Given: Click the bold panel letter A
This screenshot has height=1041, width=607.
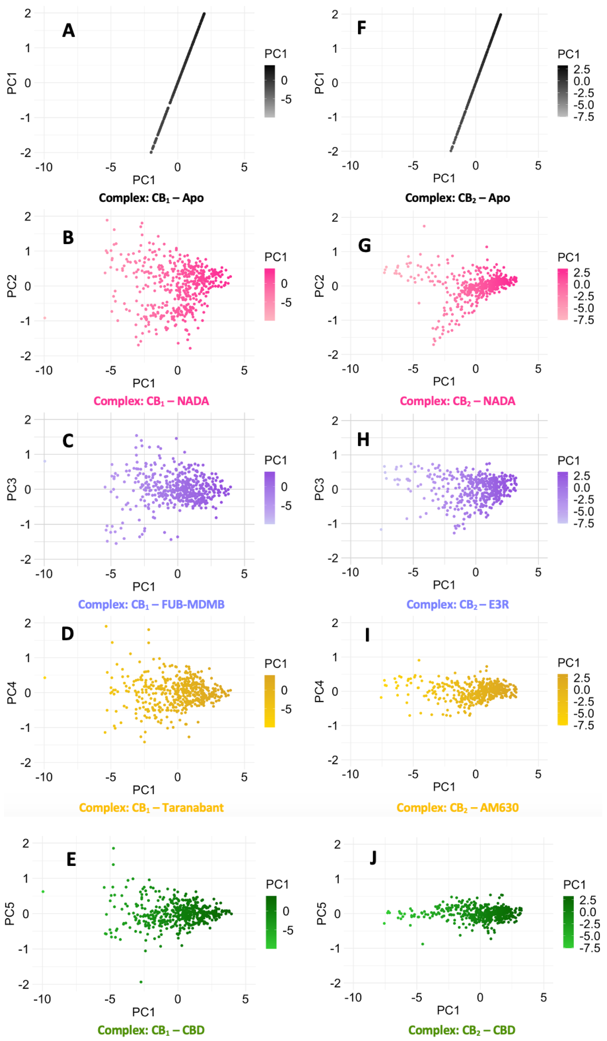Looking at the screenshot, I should tap(68, 30).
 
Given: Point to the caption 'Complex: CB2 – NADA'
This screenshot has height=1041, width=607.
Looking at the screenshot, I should tap(457, 401).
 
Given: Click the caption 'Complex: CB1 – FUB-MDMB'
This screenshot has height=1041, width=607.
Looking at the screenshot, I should tap(151, 604).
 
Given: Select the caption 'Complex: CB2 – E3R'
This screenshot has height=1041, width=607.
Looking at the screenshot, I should tap(457, 604).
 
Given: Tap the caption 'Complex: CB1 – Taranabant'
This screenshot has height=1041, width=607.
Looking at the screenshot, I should tap(151, 808).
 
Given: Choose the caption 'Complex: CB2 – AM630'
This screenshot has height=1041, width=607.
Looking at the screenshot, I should tap(457, 808).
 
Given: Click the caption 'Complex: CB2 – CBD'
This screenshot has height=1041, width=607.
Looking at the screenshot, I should tap(462, 1030).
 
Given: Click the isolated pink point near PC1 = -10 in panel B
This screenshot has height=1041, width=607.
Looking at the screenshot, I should tap(45, 318).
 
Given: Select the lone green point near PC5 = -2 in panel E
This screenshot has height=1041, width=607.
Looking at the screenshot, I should tap(141, 982).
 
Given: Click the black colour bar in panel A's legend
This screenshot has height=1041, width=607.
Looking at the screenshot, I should tap(270, 91).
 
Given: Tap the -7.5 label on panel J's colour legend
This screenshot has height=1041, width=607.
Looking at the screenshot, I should tap(589, 948).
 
